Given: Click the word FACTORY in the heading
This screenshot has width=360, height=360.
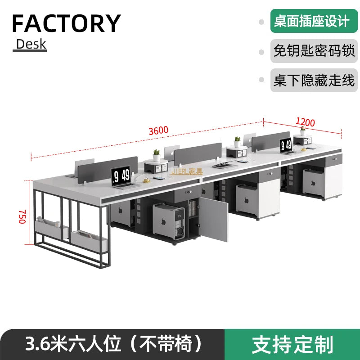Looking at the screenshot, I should pyautogui.click(x=66, y=23).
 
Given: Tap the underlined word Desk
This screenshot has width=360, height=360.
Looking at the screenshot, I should pyautogui.click(x=31, y=44).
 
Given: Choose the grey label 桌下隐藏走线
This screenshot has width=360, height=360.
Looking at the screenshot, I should pyautogui.click(x=314, y=81).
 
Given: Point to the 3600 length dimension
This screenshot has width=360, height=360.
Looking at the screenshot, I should pyautogui.click(x=159, y=130).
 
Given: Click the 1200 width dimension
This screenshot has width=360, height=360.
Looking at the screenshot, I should pyautogui.click(x=305, y=121).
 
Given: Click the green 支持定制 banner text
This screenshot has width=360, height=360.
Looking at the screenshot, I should pyautogui.click(x=292, y=344).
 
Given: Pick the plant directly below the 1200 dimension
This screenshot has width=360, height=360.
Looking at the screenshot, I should pyautogui.click(x=303, y=131).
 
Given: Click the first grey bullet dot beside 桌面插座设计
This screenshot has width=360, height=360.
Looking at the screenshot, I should pyautogui.click(x=261, y=22).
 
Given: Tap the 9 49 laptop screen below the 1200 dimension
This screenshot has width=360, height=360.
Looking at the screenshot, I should pyautogui.click(x=286, y=145).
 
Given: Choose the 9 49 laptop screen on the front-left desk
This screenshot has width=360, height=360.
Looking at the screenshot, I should pyautogui.click(x=121, y=175).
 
